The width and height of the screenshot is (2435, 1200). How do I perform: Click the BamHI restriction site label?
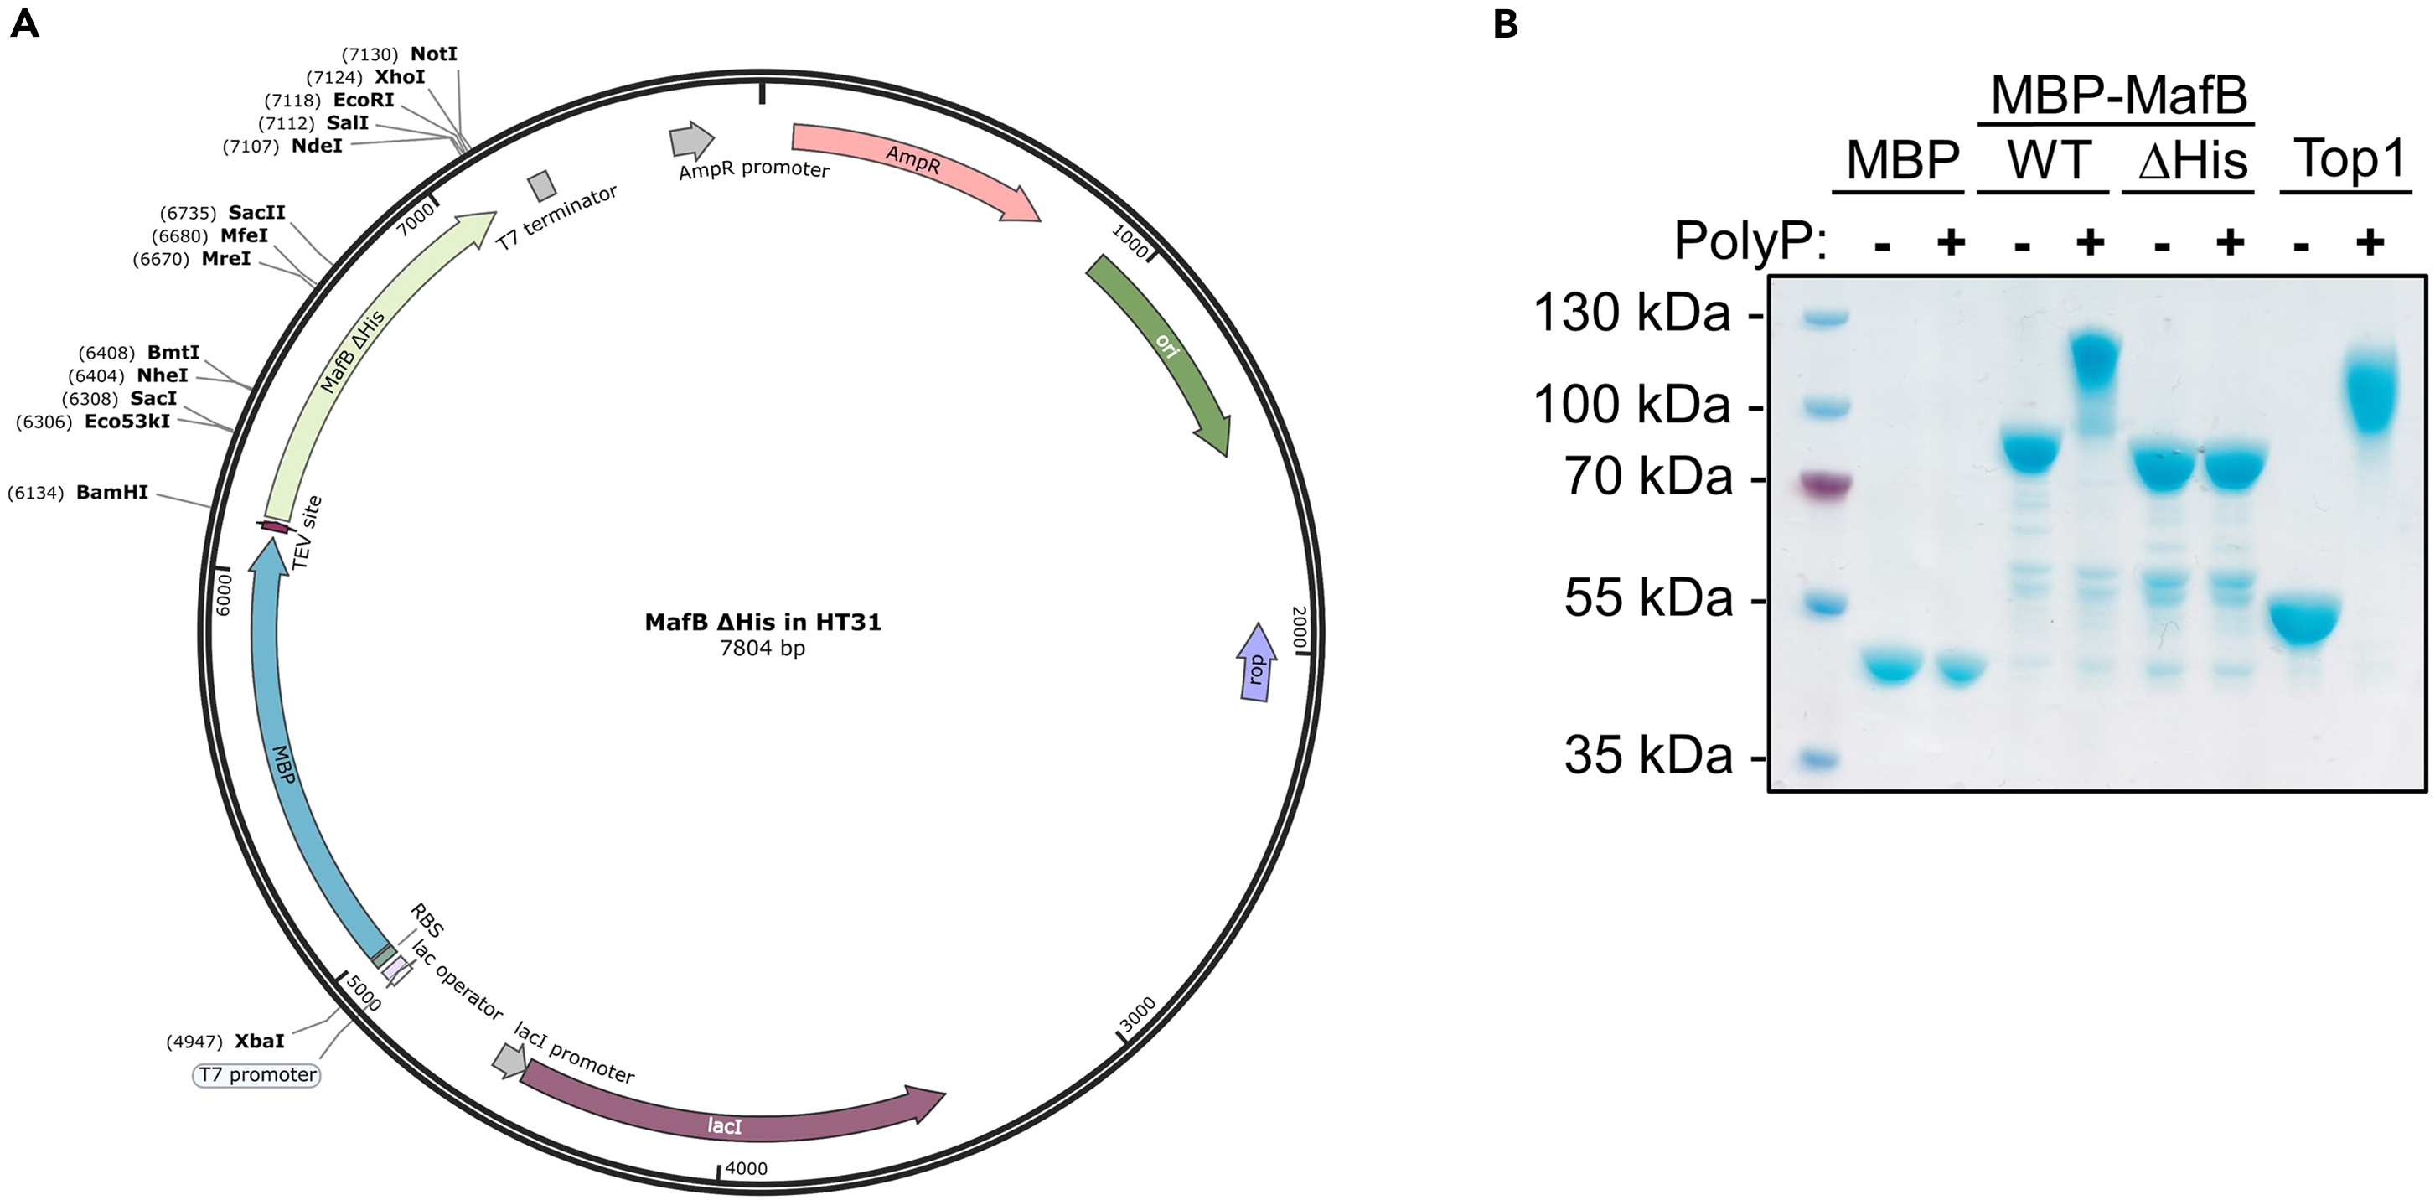[111, 493]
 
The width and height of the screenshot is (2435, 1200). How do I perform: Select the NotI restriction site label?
[433, 54]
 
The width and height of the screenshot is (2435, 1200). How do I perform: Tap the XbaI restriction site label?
[259, 1041]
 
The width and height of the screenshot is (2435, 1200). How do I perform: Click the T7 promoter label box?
[257, 1075]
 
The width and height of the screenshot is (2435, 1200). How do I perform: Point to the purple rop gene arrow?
[1255, 663]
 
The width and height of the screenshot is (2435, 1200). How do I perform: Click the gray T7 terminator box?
[541, 185]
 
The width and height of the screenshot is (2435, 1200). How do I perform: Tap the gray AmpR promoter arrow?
[691, 140]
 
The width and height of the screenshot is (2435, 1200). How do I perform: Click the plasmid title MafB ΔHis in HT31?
[763, 623]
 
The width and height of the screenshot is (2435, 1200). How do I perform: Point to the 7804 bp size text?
[762, 648]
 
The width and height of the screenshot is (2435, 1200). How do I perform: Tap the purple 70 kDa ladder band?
[1824, 486]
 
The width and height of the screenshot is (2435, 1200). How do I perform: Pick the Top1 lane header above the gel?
[2350, 159]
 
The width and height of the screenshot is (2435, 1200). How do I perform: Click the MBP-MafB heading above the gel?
[2118, 95]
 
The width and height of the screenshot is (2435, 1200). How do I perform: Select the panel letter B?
[1506, 23]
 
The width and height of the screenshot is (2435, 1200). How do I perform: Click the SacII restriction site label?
[256, 213]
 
